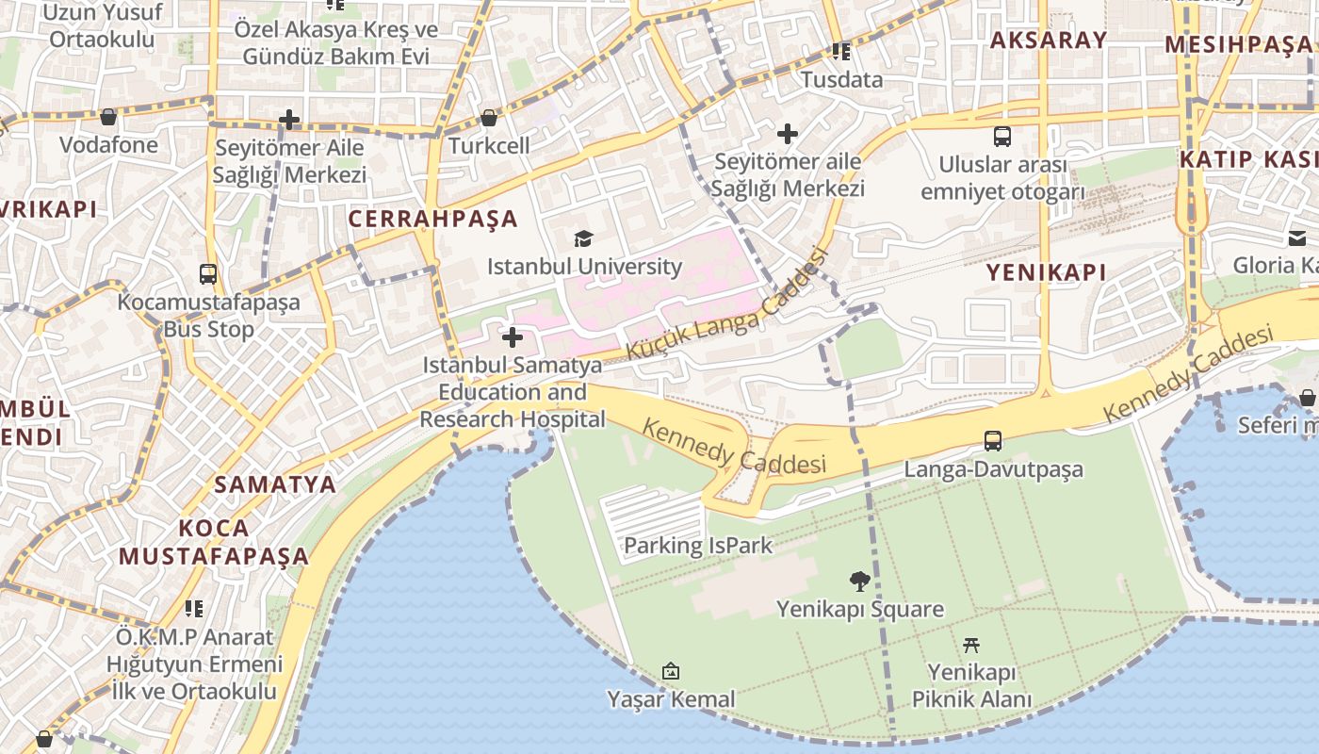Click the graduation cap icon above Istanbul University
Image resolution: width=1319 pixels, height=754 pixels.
[584, 238]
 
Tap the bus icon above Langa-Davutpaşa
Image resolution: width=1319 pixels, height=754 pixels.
[992, 440]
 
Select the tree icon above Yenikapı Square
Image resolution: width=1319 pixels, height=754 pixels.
[859, 581]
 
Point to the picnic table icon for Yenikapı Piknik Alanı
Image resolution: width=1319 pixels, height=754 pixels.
[972, 645]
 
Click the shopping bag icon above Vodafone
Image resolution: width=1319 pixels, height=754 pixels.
[108, 117]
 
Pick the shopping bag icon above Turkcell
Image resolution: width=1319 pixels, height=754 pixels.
[488, 118]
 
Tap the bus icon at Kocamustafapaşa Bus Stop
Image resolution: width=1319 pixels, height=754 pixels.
[208, 274]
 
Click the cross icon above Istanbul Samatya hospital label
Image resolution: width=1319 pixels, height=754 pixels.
[513, 336]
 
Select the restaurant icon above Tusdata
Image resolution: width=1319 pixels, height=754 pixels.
[841, 51]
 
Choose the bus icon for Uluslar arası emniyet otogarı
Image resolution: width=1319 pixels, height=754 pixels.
[1002, 137]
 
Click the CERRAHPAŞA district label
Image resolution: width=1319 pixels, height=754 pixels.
[433, 219]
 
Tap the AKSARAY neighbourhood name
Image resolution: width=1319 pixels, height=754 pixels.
[1049, 40]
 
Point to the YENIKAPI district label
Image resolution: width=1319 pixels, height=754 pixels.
[1046, 272]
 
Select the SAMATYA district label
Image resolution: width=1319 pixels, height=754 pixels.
[275, 484]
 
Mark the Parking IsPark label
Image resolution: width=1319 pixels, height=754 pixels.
[698, 545]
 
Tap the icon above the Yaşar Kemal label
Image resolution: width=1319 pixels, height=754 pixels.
[671, 671]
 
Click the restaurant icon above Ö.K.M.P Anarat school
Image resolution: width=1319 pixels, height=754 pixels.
[194, 609]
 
